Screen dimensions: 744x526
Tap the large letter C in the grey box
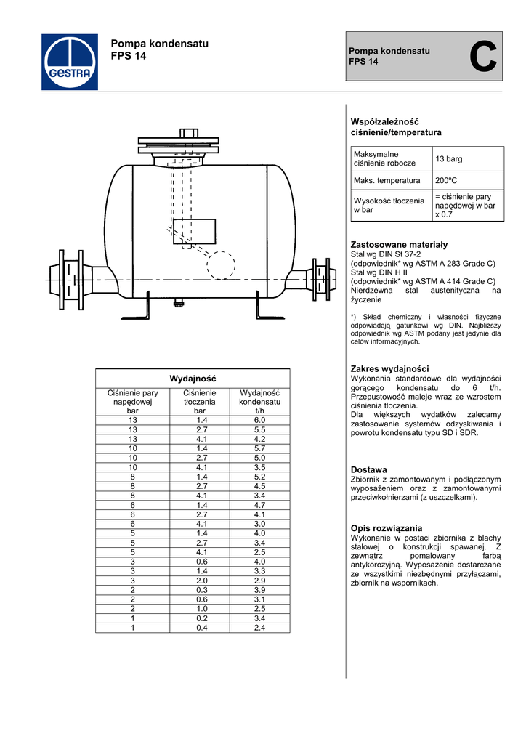click(x=483, y=57)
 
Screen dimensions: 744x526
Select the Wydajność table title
click(x=193, y=379)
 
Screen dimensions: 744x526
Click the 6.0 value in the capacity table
click(x=259, y=421)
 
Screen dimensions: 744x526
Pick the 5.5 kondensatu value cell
click(x=259, y=430)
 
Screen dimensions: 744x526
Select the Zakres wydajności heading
click(x=389, y=369)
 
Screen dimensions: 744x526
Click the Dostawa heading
click(x=368, y=470)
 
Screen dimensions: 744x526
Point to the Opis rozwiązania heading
click(x=386, y=527)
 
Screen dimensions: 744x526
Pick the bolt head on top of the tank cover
click(x=188, y=134)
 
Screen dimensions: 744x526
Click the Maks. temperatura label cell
click(x=387, y=181)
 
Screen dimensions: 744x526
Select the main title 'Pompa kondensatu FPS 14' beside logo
click(x=159, y=49)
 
